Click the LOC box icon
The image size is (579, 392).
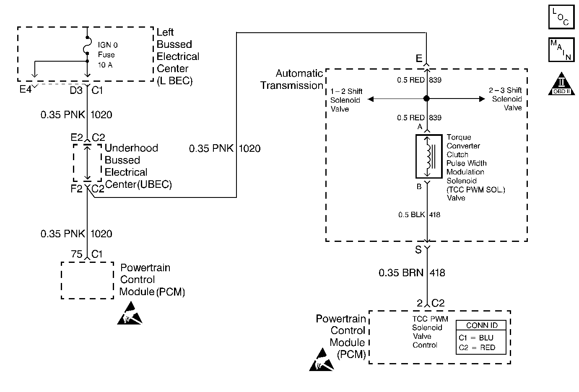tap(561, 17)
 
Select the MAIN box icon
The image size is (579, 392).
tap(561, 50)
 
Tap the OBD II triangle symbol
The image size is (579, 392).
tap(561, 84)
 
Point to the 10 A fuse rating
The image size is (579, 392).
tap(105, 65)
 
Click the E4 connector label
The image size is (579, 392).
tap(26, 90)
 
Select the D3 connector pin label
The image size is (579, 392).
tap(76, 90)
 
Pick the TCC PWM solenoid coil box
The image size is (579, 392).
tap(428, 156)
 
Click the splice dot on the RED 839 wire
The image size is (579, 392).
tap(426, 99)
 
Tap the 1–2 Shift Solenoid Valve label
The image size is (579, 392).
tap(346, 100)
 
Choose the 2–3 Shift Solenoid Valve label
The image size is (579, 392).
tap(506, 99)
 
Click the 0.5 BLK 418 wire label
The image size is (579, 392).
tap(419, 215)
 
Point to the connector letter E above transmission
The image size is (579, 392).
tap(419, 59)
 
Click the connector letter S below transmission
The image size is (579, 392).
tap(418, 250)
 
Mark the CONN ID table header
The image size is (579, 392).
tap(481, 325)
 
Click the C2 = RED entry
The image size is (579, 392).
tap(477, 348)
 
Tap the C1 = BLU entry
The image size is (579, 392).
tap(476, 337)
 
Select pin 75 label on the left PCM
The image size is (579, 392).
tap(77, 254)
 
